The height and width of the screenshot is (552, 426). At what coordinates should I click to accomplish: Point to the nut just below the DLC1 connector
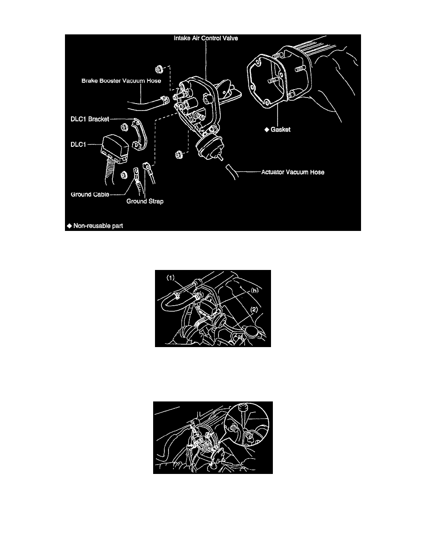pos(124,175)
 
